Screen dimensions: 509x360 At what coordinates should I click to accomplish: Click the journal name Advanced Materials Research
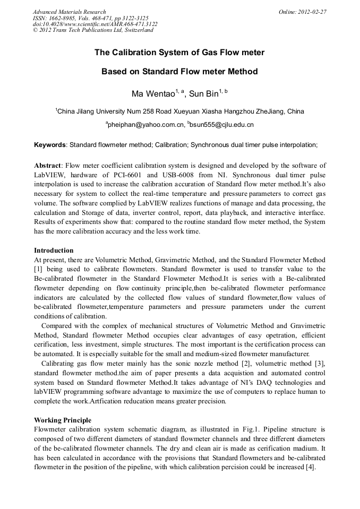tap(70, 12)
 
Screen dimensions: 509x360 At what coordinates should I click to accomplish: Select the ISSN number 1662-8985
tap(67, 18)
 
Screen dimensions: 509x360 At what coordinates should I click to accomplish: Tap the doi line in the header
tap(95, 24)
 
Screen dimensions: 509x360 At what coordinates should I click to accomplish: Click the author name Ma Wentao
tap(154, 94)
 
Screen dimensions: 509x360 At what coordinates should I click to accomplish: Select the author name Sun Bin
tap(203, 94)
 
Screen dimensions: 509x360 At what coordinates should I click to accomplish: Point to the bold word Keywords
tap(50, 144)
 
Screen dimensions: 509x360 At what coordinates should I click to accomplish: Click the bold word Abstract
tap(48, 166)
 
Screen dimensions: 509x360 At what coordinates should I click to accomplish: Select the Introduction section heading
tap(54, 250)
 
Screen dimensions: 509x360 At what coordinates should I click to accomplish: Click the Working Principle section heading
tap(63, 420)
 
